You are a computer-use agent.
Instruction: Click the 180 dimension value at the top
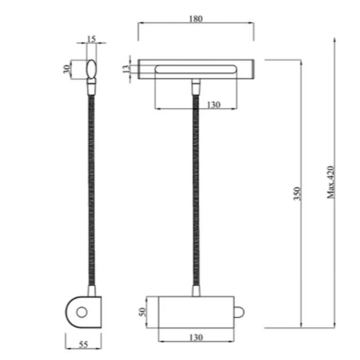pos(196,18)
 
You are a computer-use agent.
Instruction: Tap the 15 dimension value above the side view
pos(91,39)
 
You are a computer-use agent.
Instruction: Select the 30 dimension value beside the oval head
pos(67,69)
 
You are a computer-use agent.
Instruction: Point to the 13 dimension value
pos(126,69)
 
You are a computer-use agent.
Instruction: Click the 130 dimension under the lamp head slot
pos(214,105)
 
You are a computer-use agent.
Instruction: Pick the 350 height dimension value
pos(297,193)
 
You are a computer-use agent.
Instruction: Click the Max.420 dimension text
pos(331,182)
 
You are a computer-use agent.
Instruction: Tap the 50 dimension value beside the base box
pos(142,312)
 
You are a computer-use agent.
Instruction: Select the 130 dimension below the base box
pos(196,337)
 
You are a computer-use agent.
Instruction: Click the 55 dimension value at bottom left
pos(83,344)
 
